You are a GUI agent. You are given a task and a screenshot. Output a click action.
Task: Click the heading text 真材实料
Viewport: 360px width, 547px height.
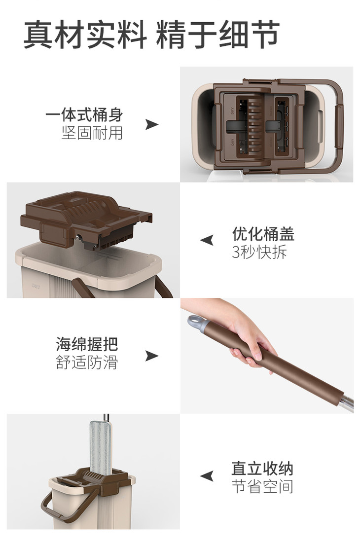(x=85, y=35)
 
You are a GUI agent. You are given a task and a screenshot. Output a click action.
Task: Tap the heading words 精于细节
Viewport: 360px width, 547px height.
(x=217, y=35)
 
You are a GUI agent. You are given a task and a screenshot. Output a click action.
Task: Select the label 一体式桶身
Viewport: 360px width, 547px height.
(x=84, y=115)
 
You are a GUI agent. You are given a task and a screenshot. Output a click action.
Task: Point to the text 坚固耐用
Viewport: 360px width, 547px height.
(x=92, y=133)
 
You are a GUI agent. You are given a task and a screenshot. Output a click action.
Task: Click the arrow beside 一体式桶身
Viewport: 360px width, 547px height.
(x=151, y=124)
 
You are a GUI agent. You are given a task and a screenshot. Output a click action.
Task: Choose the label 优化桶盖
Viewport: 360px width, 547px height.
(x=263, y=234)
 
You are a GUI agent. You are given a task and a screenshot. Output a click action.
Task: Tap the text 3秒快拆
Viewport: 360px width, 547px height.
(x=259, y=252)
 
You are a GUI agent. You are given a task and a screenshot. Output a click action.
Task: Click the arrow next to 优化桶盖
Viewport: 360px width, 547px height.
(x=207, y=240)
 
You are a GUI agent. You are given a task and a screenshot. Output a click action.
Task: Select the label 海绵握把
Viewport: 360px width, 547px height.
(x=87, y=344)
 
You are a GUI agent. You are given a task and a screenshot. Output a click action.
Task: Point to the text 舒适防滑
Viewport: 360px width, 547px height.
(x=87, y=362)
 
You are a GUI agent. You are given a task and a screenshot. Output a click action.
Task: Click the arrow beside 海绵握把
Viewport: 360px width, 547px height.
(x=151, y=356)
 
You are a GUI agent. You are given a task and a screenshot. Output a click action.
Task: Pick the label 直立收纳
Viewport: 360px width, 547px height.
(x=262, y=468)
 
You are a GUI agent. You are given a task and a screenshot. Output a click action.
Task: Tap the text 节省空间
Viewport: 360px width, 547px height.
(x=262, y=486)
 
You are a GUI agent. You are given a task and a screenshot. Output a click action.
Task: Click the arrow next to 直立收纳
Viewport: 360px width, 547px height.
(x=207, y=476)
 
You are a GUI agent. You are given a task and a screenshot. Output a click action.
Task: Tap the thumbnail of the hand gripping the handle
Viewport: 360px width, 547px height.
(x=267, y=356)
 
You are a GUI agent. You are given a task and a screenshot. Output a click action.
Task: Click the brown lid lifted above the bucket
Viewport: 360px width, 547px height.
(x=86, y=220)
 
